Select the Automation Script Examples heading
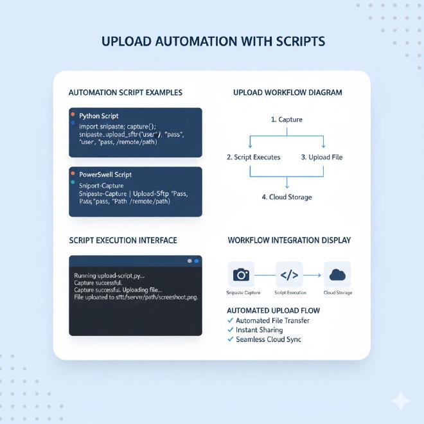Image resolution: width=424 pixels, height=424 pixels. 125,93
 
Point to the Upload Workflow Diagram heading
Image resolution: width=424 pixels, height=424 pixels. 287,93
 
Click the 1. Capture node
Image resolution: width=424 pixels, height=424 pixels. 287,119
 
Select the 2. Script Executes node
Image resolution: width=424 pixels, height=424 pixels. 254,157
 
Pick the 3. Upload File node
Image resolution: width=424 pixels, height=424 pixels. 322,157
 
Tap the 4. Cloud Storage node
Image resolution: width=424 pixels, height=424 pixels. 287,197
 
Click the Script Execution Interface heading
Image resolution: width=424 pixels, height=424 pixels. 123,240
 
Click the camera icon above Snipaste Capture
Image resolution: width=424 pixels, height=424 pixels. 241,274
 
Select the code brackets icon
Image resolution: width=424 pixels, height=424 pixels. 289,274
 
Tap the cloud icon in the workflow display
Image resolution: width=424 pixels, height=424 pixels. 337,274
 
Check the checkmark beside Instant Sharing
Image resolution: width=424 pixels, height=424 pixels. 231,330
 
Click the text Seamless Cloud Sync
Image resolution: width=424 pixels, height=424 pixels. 269,339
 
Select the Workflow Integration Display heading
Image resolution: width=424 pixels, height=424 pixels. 289,240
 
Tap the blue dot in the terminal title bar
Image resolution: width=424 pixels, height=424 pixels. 197,261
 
